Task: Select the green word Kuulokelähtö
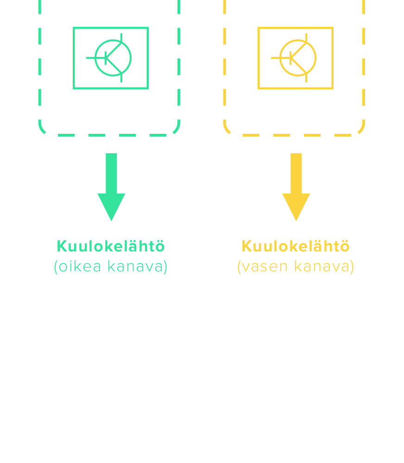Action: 111,246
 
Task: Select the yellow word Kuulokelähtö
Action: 296,246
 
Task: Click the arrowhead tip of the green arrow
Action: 111,219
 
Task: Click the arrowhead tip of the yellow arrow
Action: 296,219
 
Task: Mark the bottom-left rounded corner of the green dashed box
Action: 42,129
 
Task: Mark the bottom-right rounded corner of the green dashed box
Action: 176,130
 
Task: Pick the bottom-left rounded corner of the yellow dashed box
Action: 227,129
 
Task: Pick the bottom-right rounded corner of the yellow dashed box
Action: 361,130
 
